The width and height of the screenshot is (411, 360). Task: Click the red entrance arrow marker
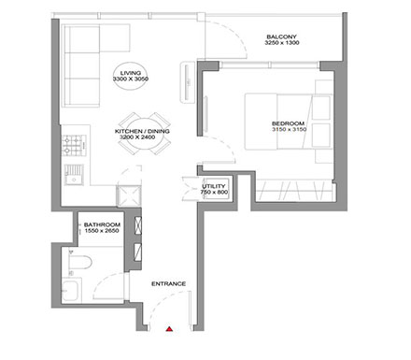coord(169,329)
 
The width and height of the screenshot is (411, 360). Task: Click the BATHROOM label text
coord(100,225)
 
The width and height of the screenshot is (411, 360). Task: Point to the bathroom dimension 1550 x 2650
coord(100,233)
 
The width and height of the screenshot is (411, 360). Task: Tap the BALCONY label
coord(280,36)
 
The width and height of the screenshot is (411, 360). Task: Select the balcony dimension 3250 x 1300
coord(280,44)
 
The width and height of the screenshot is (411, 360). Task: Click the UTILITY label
coord(214,187)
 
